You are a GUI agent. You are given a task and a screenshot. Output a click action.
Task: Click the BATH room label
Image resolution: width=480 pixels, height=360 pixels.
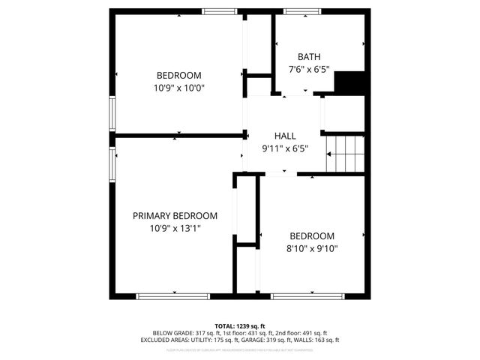tap(308, 56)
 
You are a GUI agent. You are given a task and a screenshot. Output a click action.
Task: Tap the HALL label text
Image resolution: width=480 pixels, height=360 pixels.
tap(285, 136)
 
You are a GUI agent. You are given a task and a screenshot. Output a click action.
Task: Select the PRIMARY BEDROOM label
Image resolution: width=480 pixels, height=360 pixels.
tap(175, 215)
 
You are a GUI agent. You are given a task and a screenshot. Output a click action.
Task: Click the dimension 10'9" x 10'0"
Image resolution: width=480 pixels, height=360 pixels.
tap(178, 88)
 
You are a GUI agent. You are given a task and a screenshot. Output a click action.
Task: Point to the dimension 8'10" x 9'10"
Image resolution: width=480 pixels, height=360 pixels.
tap(312, 248)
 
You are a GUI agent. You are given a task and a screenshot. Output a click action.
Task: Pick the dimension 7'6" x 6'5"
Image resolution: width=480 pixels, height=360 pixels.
tap(308, 69)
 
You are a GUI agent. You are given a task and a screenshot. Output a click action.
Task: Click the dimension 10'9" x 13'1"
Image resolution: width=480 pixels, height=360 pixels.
tap(175, 228)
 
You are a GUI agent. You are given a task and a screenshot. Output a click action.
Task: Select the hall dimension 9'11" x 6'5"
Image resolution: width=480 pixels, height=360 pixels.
tap(285, 148)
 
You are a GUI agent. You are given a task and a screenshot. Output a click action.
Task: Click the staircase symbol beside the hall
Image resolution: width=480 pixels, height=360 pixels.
tap(346, 154)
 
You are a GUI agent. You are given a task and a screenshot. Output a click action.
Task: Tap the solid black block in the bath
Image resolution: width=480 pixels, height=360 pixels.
tap(349, 82)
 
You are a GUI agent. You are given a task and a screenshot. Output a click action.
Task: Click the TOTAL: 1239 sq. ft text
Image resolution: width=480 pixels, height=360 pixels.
tap(240, 325)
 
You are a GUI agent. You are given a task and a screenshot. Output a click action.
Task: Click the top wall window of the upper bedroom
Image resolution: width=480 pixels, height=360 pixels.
tap(220, 11)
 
